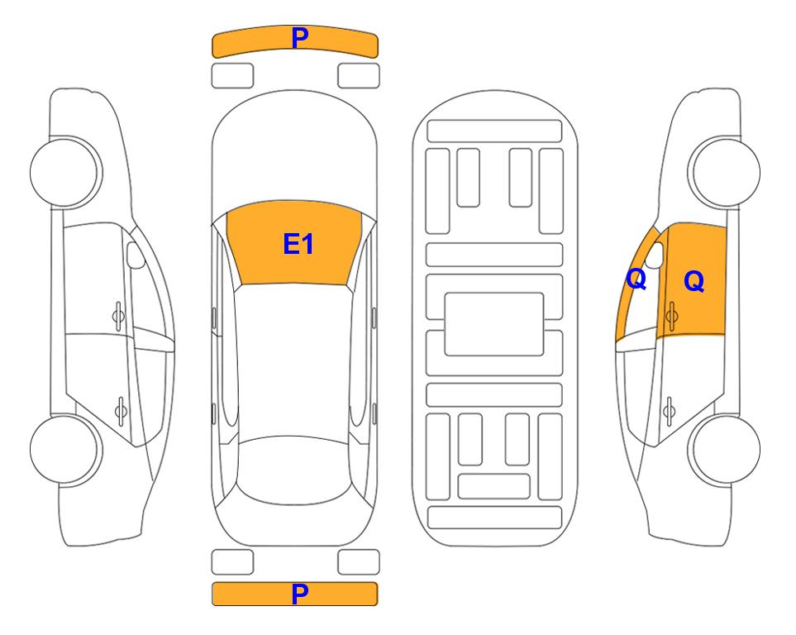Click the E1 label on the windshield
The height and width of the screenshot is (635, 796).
click(298, 244)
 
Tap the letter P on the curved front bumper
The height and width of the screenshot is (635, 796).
click(300, 37)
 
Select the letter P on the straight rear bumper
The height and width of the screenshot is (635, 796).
click(300, 594)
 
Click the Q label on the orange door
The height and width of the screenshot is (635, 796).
click(694, 281)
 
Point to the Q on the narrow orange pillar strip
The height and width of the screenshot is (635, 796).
click(636, 279)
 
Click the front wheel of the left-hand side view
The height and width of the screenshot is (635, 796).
click(66, 172)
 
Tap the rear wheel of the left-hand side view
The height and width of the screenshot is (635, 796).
click(66, 449)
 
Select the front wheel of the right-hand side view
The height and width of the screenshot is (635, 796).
click(724, 172)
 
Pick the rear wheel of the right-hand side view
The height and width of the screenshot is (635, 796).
click(724, 449)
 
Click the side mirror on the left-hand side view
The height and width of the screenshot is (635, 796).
click(135, 255)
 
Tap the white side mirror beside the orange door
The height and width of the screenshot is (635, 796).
click(655, 255)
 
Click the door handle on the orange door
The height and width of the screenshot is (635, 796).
click(672, 316)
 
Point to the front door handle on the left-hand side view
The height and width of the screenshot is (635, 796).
click(118, 316)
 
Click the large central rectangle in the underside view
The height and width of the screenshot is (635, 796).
click(494, 324)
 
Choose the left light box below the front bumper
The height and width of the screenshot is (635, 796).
click(232, 76)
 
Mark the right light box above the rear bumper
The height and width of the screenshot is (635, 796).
click(359, 562)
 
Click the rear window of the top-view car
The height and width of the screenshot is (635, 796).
click(295, 470)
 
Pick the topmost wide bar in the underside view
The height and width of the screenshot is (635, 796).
click(494, 131)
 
